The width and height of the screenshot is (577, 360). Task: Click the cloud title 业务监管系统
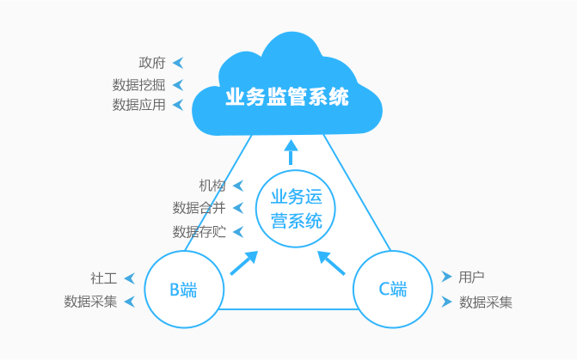287,96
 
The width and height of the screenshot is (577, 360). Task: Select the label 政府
152,63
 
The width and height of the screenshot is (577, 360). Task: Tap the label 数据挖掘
138,84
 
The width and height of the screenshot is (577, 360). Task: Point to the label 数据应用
138,105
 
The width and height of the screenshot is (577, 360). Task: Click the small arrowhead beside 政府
178,63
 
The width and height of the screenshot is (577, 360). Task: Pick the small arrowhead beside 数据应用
178,105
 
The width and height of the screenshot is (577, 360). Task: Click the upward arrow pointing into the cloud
291,152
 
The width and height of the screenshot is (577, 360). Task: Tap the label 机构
212,186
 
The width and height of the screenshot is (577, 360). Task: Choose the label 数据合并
199,208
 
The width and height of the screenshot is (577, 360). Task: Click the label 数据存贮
199,231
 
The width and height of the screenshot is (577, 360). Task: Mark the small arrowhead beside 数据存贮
237,231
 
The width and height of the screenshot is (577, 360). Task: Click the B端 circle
183,290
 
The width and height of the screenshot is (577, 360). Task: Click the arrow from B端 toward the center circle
244,262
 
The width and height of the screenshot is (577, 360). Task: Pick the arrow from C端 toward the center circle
331,262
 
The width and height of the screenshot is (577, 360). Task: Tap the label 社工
103,278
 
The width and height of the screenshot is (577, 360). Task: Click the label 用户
471,277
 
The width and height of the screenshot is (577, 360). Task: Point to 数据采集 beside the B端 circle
90,302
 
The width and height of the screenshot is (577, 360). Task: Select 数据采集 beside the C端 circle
486,302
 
